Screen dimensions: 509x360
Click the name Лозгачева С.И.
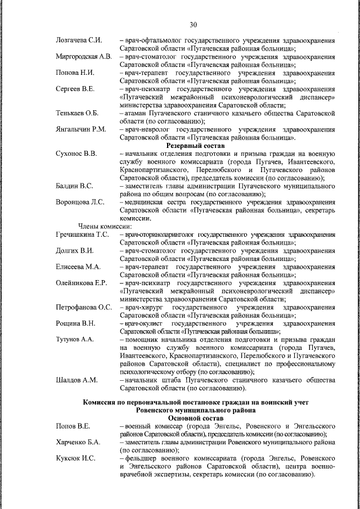(x=79, y=41)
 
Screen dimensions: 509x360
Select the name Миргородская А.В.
(x=84, y=57)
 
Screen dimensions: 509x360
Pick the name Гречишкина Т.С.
(x=82, y=233)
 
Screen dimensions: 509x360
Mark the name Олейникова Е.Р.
(x=82, y=282)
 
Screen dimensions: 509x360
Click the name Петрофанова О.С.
(x=84, y=307)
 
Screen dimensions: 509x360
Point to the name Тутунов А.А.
(x=75, y=339)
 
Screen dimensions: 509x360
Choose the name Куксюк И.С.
(x=75, y=459)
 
